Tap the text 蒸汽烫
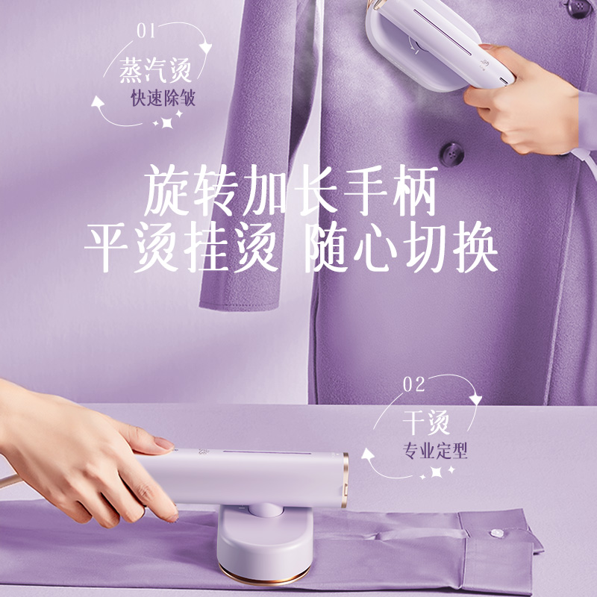point(156,71)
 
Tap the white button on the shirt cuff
point(493,532)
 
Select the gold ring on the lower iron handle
point(345,478)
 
